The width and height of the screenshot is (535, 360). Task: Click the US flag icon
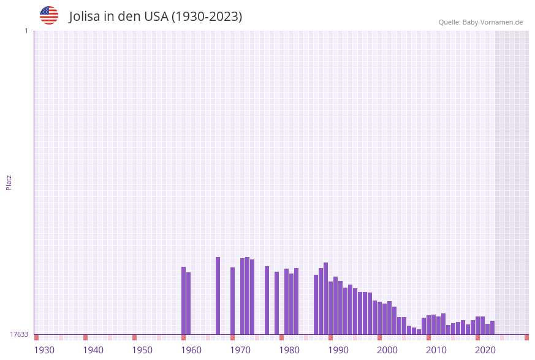click(49, 15)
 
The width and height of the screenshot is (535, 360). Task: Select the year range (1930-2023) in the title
click(207, 17)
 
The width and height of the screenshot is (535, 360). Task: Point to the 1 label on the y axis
click(26, 31)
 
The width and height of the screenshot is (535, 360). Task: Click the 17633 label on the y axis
click(19, 334)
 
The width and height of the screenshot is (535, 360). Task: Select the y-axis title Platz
click(9, 182)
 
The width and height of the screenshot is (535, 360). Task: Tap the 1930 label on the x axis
click(44, 350)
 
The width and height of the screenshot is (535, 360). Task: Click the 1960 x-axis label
click(191, 350)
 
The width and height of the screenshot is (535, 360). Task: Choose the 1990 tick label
click(338, 350)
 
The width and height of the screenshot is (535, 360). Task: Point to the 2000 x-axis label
click(387, 350)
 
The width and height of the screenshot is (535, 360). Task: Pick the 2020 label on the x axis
click(485, 350)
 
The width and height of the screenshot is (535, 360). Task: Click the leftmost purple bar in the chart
click(183, 301)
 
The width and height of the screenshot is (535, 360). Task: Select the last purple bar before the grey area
click(492, 327)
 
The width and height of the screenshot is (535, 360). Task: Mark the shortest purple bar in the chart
click(419, 332)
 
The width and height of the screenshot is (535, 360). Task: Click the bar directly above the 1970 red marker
click(232, 301)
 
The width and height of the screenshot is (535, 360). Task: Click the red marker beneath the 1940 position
click(85, 337)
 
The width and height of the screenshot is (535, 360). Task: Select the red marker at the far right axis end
click(526, 337)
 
